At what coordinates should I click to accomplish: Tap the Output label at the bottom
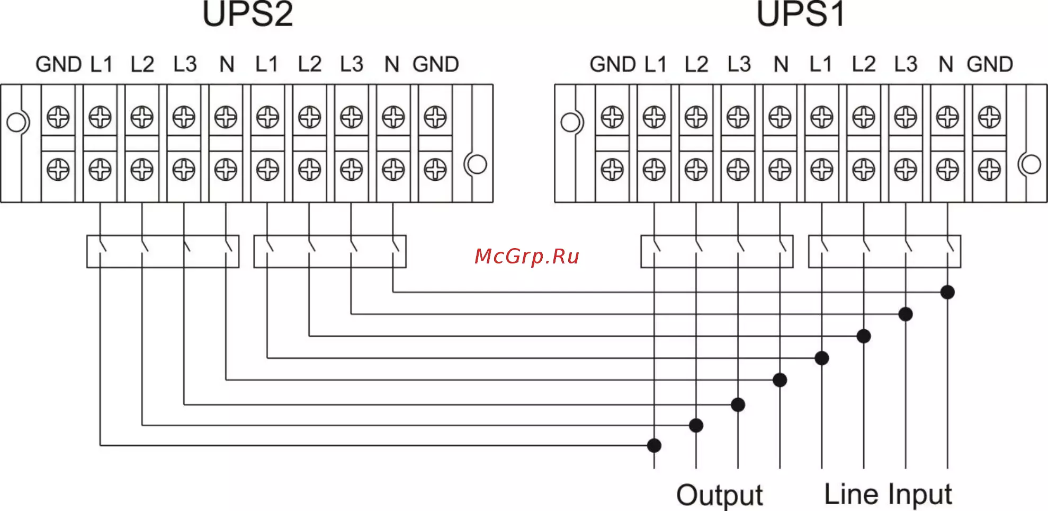click(719, 496)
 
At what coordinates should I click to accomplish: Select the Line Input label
click(888, 495)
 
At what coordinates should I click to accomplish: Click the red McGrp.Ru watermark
click(527, 256)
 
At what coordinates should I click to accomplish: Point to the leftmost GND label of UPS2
click(58, 65)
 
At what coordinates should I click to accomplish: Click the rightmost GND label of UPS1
click(990, 65)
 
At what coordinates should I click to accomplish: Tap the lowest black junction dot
click(654, 445)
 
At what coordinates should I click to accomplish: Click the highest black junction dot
click(947, 292)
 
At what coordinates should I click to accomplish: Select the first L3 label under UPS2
click(185, 65)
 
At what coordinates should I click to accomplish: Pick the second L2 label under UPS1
click(864, 65)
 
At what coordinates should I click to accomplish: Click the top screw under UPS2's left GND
click(58, 117)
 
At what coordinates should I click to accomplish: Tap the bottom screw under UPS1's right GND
click(989, 170)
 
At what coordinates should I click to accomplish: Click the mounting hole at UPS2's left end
click(16, 122)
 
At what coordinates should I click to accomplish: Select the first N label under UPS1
click(781, 65)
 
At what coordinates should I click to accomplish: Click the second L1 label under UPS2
click(266, 65)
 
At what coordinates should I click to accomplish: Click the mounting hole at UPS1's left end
click(570, 122)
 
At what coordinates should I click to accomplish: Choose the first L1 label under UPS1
click(655, 65)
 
